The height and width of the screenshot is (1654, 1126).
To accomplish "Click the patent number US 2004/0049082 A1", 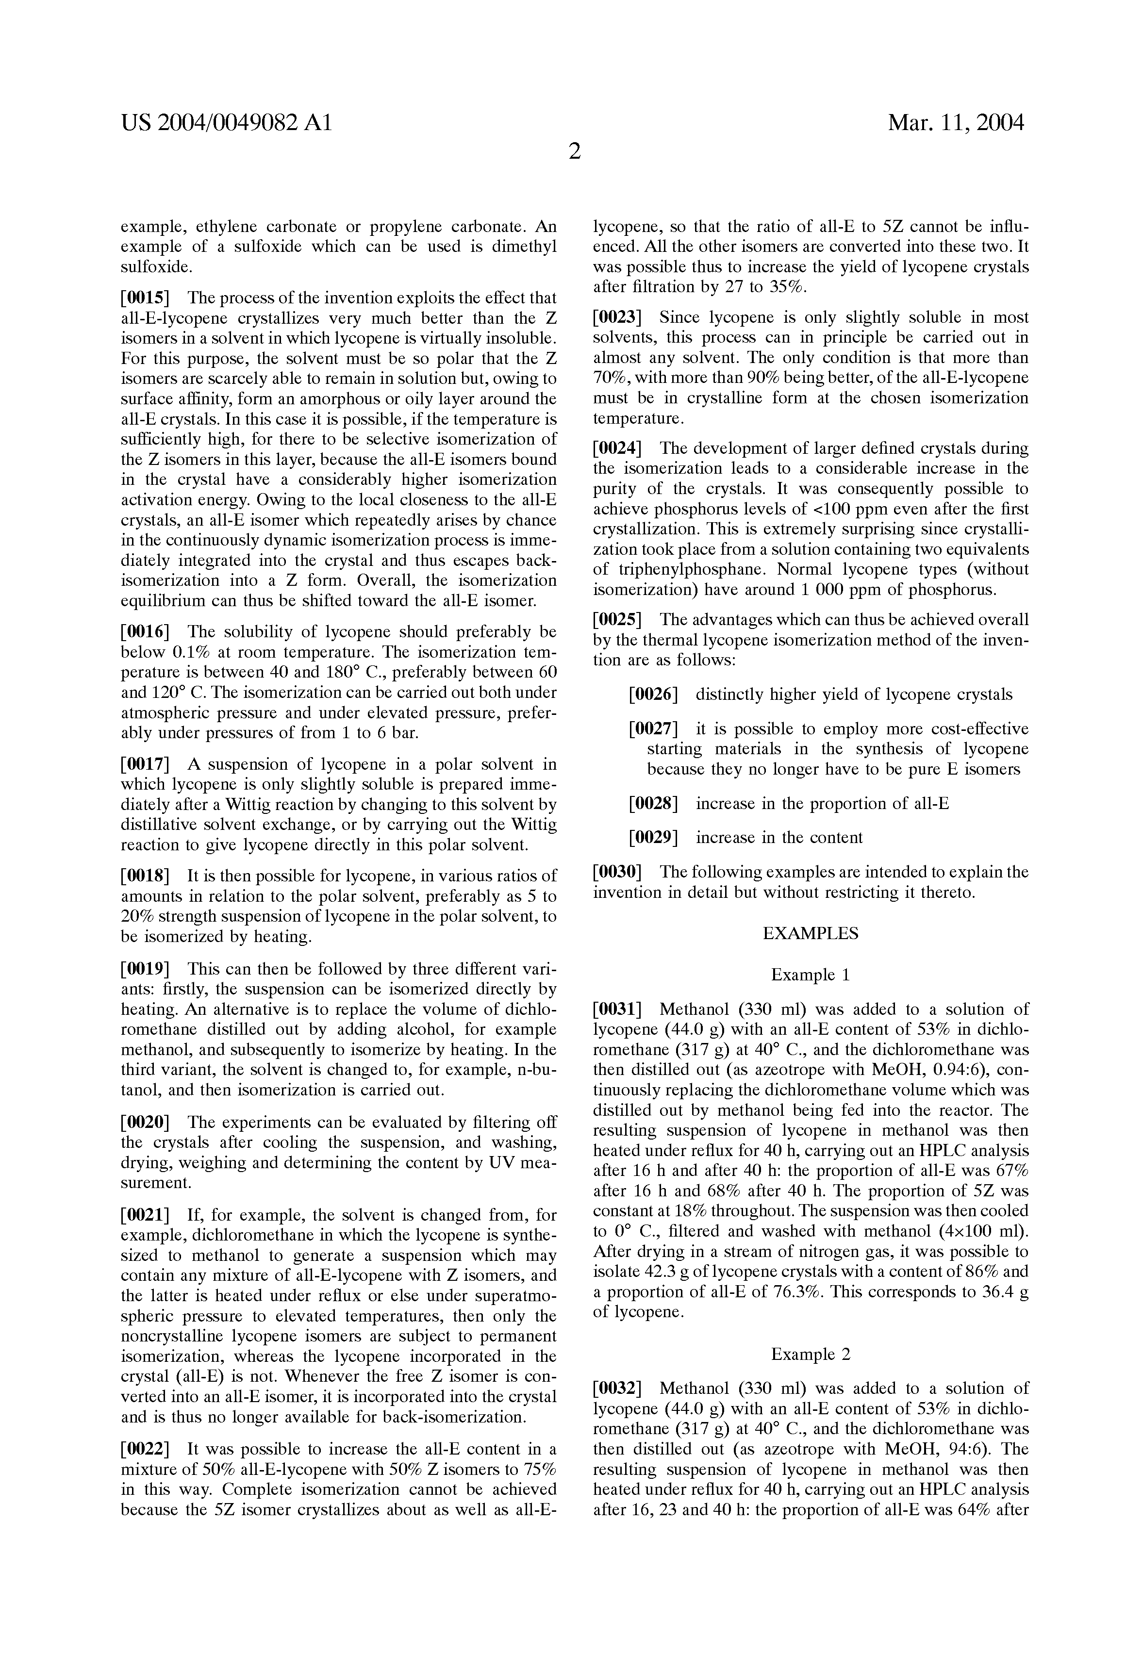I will point(226,123).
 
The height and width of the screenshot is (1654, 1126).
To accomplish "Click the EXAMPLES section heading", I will point(810,933).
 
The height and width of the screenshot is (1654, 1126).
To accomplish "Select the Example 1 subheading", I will point(810,975).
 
